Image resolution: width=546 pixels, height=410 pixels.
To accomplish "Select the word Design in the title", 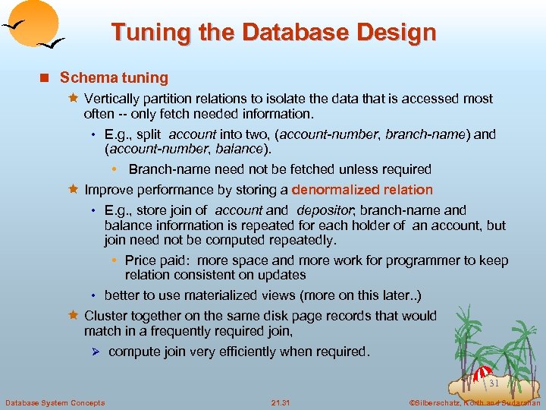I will pyautogui.click(x=399, y=33).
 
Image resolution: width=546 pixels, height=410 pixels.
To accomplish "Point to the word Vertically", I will pyautogui.click(x=113, y=99).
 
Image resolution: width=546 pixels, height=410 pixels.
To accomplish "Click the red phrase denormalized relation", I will pyautogui.click(x=362, y=190).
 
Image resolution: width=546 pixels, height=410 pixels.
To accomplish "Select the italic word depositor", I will pyautogui.click(x=324, y=210).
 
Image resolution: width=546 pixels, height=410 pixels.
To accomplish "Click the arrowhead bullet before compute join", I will pyautogui.click(x=95, y=352).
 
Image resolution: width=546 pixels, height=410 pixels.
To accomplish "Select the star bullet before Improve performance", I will pyautogui.click(x=74, y=190).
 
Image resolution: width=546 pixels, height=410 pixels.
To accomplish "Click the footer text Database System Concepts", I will pyautogui.click(x=55, y=402).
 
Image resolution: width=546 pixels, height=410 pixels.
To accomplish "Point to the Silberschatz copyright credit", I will pyautogui.click(x=474, y=402).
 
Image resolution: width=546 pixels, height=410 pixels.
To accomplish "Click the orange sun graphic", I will pyautogui.click(x=34, y=19).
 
